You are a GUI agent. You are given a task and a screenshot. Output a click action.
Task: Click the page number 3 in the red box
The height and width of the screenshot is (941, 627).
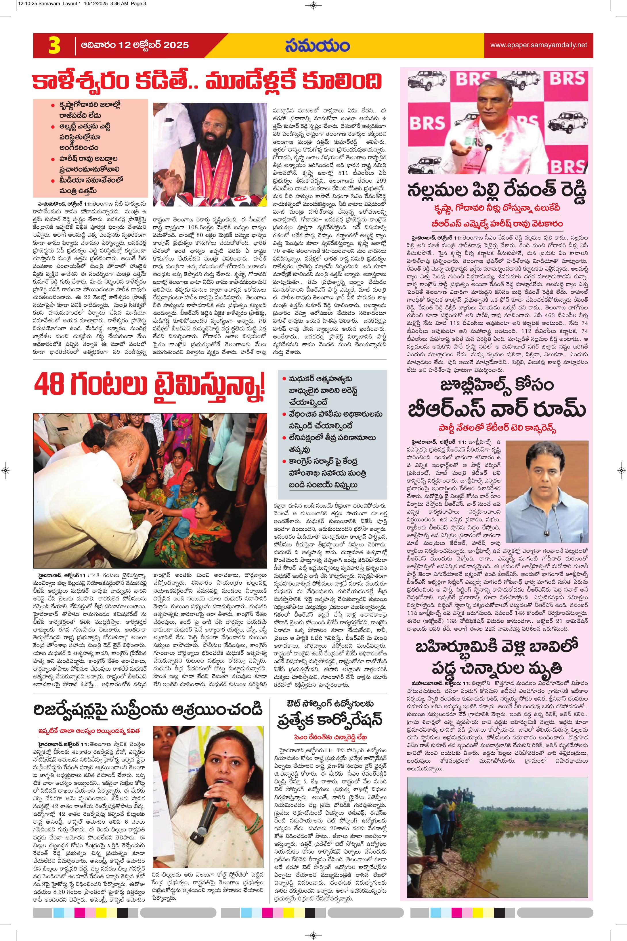54,45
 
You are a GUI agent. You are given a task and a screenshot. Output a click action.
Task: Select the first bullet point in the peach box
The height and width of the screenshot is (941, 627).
88,110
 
